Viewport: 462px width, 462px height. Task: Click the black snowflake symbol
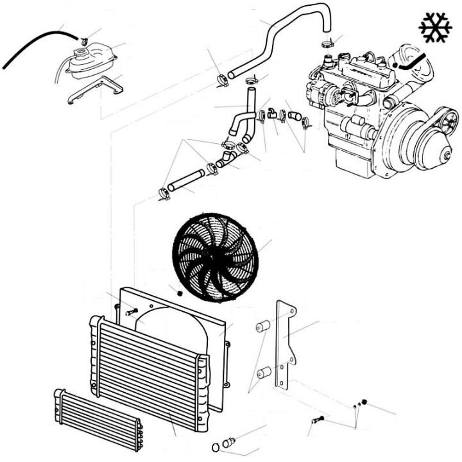pos(435,27)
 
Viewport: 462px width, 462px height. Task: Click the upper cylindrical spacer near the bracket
pos(262,327)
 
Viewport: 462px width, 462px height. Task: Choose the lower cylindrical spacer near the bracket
pos(262,373)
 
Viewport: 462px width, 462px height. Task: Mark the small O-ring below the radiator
pos(215,447)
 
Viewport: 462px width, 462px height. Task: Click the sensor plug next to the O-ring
pos(228,442)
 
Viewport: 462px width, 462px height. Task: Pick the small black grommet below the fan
pos(180,293)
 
